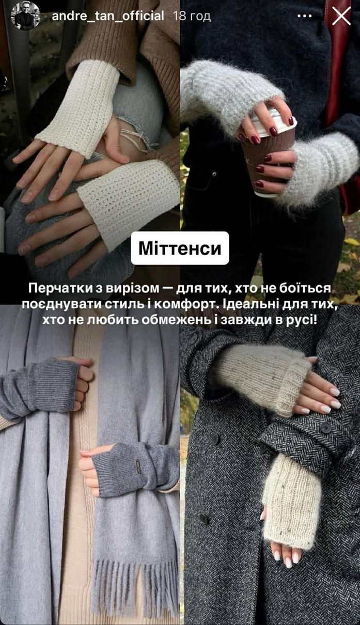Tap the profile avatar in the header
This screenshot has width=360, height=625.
25,16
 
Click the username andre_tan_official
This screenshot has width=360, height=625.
108,16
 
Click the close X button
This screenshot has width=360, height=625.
341,16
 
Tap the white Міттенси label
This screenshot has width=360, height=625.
180,248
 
